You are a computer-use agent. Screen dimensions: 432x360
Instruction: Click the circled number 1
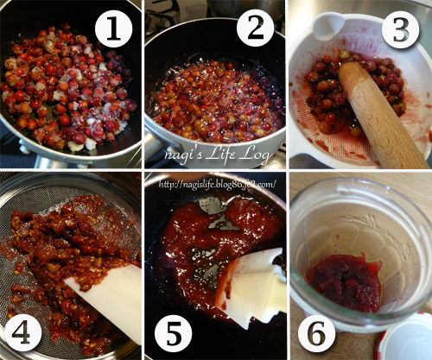point(113,28)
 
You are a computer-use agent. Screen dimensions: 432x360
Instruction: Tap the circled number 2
point(255,28)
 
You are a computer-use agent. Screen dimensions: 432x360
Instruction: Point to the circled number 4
point(22,332)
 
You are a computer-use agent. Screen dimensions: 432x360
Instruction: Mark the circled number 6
point(316,333)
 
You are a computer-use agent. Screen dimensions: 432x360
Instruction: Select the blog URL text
point(218,184)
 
